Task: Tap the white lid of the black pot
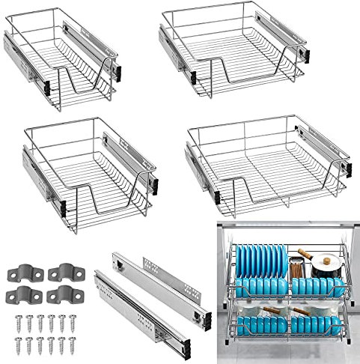pos(326,263)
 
